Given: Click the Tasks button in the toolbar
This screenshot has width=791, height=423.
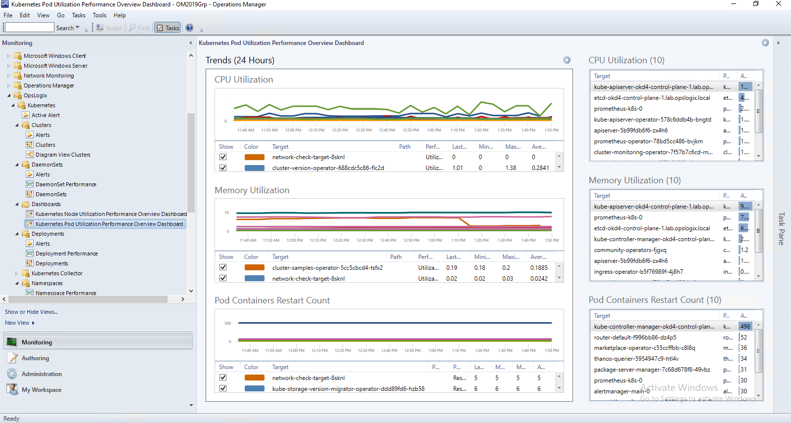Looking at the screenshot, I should pyautogui.click(x=168, y=28).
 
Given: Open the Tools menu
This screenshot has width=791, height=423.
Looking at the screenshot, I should pyautogui.click(x=99, y=15).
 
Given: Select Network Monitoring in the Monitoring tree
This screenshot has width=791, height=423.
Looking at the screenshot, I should pyautogui.click(x=48, y=76).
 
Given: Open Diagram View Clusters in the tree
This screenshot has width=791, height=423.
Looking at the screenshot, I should pyautogui.click(x=63, y=155).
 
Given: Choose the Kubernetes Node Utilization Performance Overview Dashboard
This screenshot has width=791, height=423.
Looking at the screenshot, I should pyautogui.click(x=111, y=214).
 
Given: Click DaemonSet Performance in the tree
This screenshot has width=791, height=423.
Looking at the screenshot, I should pyautogui.click(x=66, y=184).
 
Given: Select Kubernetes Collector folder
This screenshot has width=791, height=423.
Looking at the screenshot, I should pyautogui.click(x=57, y=273).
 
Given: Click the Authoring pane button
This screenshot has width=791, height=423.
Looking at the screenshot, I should pyautogui.click(x=35, y=358).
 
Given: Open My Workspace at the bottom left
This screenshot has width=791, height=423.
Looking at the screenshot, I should pyautogui.click(x=42, y=390).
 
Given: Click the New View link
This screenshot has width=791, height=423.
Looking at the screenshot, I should pyautogui.click(x=17, y=323).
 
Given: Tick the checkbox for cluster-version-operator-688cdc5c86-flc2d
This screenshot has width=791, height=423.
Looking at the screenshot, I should pyautogui.click(x=223, y=168).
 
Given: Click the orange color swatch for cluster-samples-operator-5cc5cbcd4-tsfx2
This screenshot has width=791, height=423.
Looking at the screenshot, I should pyautogui.click(x=255, y=268).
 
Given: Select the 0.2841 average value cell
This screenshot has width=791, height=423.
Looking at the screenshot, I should pyautogui.click(x=540, y=168).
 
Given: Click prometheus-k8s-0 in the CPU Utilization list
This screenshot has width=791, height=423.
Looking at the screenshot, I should pyautogui.click(x=618, y=109).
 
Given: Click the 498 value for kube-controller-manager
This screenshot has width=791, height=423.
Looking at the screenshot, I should pyautogui.click(x=745, y=327).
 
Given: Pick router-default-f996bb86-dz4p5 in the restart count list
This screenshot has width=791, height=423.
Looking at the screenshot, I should pyautogui.click(x=635, y=338).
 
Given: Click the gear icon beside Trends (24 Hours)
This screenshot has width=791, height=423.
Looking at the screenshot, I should pyautogui.click(x=567, y=60).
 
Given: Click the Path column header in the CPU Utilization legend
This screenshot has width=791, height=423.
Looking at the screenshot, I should pyautogui.click(x=405, y=147).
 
